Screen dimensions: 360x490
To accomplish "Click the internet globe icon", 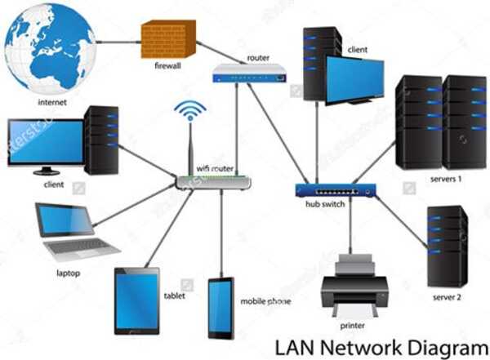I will coord(49,47).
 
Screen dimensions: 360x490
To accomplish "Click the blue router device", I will coord(249,75).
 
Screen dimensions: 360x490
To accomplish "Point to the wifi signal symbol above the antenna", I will coord(191,111).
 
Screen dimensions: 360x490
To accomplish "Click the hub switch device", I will coord(337,190).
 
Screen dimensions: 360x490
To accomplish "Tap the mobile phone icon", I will coord(220,309).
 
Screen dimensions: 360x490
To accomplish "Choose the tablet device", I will coord(136,300).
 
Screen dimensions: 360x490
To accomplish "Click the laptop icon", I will coord(72,232).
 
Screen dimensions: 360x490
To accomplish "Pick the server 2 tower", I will coord(447,246).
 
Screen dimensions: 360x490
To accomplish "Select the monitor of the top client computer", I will coord(354,80).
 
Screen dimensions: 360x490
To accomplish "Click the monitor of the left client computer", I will coord(45,144).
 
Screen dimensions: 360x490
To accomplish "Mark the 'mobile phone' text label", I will coord(265,301).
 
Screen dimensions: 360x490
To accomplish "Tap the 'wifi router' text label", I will coord(215,168).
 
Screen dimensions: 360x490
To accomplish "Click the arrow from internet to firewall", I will coord(118,42).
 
